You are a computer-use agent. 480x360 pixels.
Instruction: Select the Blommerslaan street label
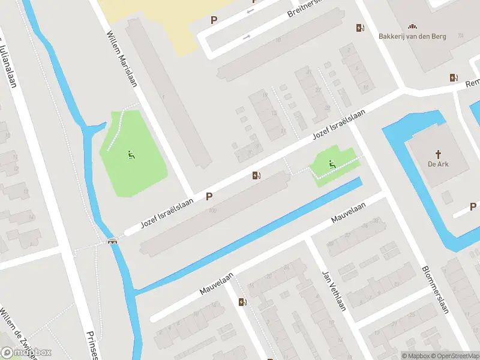pos(436,289)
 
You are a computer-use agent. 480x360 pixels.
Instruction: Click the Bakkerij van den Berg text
pos(412,36)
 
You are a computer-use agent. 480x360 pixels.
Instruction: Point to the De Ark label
pos(439,164)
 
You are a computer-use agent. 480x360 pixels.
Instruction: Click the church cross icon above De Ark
pos(439,154)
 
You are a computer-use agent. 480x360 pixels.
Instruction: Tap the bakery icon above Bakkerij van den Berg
pos(412,26)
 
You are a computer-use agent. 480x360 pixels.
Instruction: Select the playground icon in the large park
pos(131,156)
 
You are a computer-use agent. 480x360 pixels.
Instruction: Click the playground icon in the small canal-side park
pos(331,163)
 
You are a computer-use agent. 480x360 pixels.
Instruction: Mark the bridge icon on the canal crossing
pos(112,241)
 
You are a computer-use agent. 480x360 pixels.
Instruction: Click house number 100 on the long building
pos(212,211)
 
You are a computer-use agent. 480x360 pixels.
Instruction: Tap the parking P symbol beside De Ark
pos(473,207)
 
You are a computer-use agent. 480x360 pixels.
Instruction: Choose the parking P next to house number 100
pos(209,196)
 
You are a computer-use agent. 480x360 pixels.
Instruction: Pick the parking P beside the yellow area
pos(214,20)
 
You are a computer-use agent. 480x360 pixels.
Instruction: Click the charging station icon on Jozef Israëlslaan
pos(256,175)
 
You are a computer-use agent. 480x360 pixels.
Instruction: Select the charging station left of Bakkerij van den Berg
pos(360,27)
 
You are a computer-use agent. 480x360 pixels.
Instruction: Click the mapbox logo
pos(26,353)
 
